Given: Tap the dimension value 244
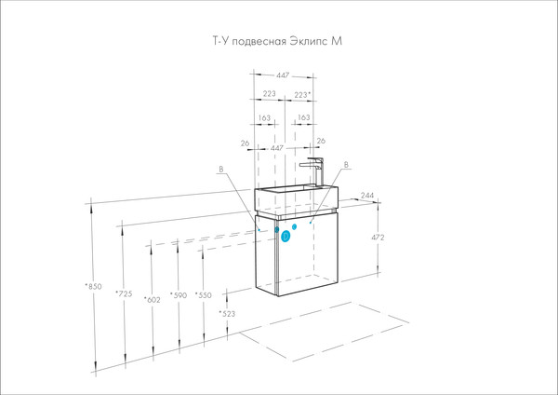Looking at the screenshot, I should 366,196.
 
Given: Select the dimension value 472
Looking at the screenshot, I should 378,238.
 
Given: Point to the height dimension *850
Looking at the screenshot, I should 91,285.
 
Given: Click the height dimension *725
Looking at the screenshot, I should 122,294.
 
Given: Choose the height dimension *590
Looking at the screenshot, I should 179,295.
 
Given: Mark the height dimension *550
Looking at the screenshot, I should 205,295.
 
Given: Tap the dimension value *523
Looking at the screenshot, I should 227,314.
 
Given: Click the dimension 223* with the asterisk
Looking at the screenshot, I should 302,95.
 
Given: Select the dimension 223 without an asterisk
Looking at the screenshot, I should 268,95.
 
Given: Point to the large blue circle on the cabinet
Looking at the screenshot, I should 286,236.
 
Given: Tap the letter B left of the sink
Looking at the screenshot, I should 221,169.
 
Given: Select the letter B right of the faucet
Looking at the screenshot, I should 347,166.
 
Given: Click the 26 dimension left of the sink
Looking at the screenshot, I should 244,143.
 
